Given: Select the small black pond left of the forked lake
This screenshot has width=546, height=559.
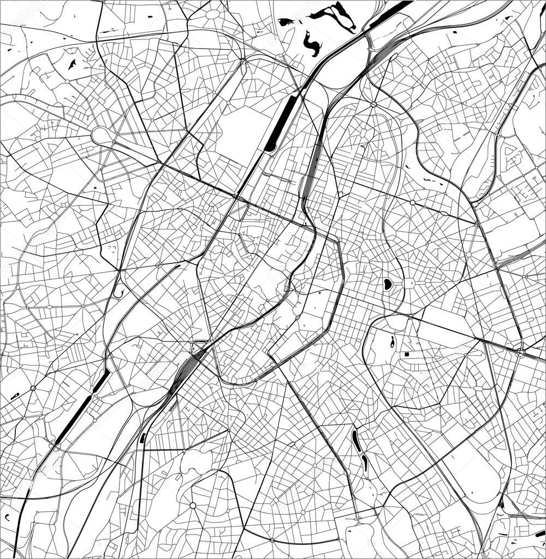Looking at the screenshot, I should point(285,22).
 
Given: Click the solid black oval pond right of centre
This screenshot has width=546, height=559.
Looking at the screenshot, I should point(388,284).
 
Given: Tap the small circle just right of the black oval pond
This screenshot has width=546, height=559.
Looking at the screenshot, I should point(409,284).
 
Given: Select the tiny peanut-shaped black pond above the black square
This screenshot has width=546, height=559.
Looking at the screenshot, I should point(393,343).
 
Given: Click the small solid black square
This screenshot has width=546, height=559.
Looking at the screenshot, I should point(407,355).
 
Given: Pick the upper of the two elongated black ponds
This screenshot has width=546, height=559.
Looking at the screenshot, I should point(356,440).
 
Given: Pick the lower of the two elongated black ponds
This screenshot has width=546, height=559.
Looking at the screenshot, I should point(364,463).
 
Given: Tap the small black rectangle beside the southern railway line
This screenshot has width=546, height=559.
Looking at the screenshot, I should point(143,438).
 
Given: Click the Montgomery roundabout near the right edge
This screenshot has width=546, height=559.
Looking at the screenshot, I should point(521,352).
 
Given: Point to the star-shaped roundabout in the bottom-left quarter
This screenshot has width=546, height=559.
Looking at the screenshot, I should point(192,505).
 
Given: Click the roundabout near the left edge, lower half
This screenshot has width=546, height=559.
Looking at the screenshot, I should point(33,388).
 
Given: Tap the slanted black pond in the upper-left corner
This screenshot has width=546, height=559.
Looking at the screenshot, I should point(72,64).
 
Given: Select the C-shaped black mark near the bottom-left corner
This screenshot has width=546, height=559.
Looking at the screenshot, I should point(7,517).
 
